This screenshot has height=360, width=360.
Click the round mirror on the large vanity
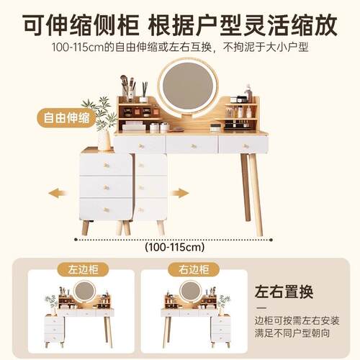(188, 89)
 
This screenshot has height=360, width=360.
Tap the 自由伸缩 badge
(66, 118)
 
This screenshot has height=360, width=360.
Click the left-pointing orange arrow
(58, 193)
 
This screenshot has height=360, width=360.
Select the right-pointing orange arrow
(180, 193)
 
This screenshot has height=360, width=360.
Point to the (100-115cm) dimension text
(175, 247)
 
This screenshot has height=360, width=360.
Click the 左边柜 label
(83, 269)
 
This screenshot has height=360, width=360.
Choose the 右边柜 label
(194, 269)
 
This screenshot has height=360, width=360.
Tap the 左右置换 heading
(284, 292)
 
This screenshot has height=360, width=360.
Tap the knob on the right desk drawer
(246, 145)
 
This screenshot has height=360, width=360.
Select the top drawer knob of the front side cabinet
(107, 165)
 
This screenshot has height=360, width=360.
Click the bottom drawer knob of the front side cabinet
(107, 210)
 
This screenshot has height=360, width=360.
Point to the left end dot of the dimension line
(76, 240)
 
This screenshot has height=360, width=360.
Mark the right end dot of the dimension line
(271, 240)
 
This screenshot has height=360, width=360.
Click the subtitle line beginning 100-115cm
(180, 48)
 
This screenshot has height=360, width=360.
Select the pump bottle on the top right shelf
(248, 93)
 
